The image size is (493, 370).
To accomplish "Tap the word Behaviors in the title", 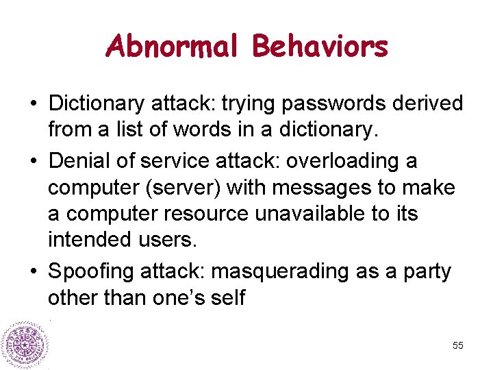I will [x=320, y=47].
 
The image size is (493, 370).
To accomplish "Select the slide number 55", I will [x=458, y=346].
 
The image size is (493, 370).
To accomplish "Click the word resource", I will [x=206, y=214].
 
